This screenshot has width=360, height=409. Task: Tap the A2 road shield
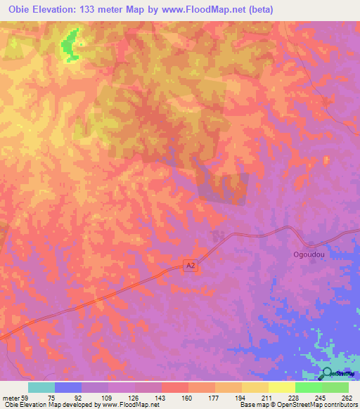click(190, 265)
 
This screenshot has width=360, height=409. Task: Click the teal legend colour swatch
click(41, 387)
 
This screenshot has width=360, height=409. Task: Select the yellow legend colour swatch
click(282, 387)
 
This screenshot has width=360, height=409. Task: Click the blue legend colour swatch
click(68, 387)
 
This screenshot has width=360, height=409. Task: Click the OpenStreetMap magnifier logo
click(328, 374)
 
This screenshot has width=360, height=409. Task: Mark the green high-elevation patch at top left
click(70, 47)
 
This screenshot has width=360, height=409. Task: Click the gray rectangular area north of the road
click(223, 189)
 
